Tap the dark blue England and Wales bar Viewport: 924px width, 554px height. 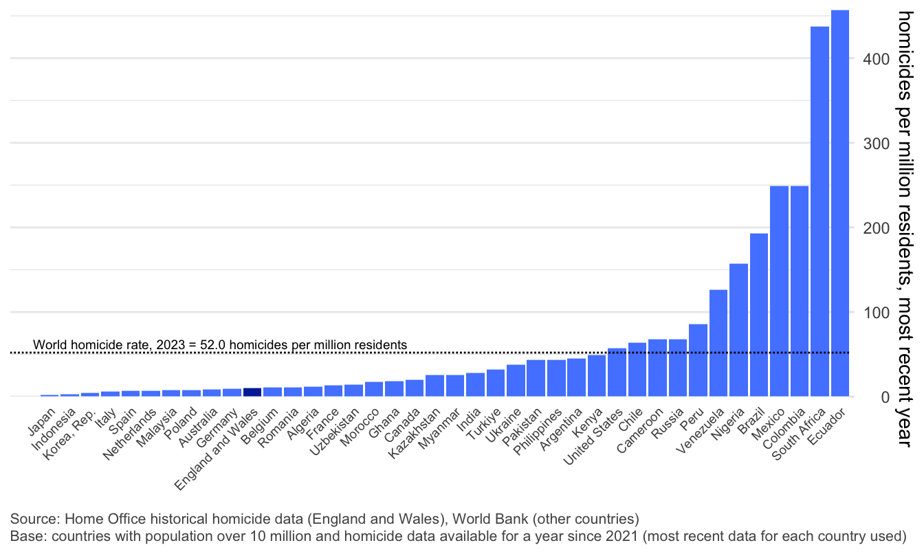click(x=252, y=392)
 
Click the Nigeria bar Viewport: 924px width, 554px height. click(x=738, y=330)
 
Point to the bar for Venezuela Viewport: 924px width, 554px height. click(x=718, y=343)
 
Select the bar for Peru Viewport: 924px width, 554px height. click(x=698, y=360)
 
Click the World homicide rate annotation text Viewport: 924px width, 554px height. click(x=220, y=344)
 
